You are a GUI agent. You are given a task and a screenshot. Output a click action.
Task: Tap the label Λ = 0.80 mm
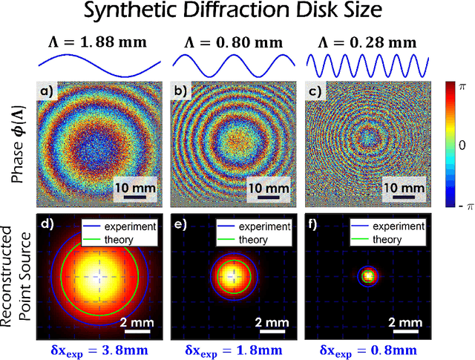[235, 41]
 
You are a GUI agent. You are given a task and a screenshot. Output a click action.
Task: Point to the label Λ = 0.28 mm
[369, 41]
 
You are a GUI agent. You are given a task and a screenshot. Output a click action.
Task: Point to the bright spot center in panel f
[369, 276]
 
